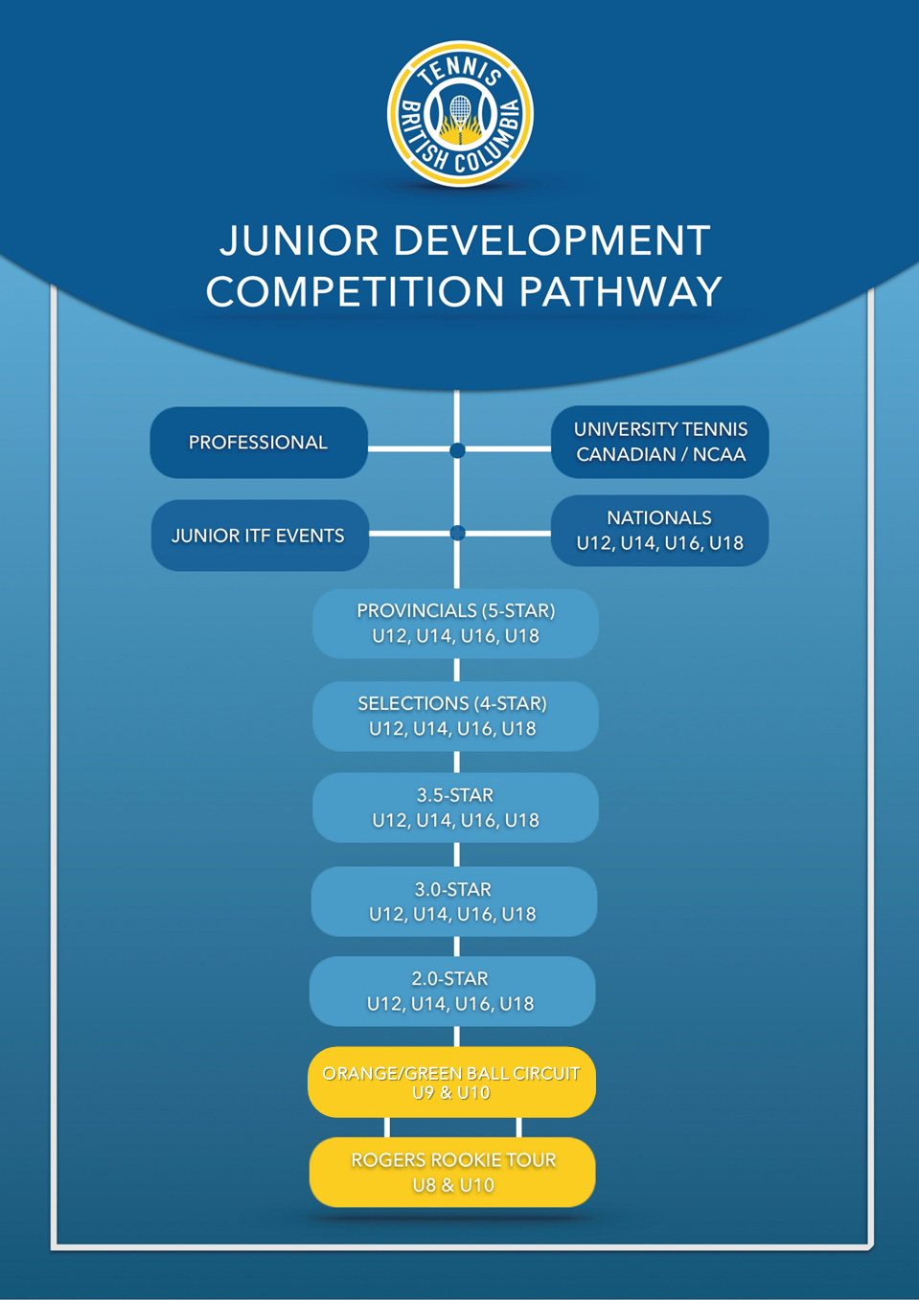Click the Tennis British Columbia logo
(x=460, y=114)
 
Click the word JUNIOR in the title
(x=299, y=240)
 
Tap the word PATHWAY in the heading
(x=620, y=291)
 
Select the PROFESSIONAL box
(x=259, y=443)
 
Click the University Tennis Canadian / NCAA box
(x=660, y=442)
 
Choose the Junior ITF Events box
(x=260, y=536)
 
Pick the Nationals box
(x=660, y=531)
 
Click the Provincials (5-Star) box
(x=456, y=624)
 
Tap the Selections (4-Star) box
(x=456, y=717)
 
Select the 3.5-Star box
(x=456, y=808)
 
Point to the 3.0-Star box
(x=454, y=901)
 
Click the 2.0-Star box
(x=452, y=992)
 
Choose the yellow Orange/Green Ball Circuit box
(x=451, y=1083)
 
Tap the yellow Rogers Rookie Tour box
(x=452, y=1173)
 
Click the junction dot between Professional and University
(x=457, y=449)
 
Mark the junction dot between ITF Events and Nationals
(x=457, y=533)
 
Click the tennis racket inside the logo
(x=461, y=119)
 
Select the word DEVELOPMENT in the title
(x=552, y=240)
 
